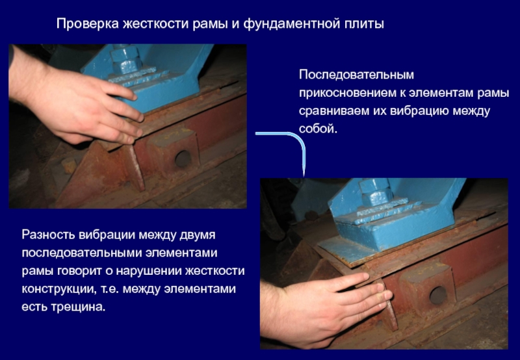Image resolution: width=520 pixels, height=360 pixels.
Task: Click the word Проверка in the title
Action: point(88,24)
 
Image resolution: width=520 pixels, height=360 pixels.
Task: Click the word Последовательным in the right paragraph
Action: point(356,75)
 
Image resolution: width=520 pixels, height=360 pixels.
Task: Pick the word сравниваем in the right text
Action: point(334,111)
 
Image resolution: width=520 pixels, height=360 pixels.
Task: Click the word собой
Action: point(318,129)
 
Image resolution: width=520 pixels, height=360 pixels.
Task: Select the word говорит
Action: point(79,271)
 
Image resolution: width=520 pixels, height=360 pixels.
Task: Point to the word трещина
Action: point(78,307)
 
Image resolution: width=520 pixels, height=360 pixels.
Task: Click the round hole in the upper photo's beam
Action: point(183,159)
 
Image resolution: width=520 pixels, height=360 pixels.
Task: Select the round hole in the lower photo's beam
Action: point(438,295)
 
